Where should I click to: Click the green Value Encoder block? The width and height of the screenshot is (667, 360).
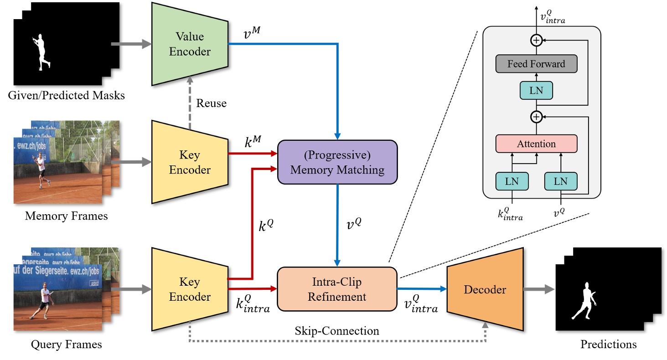pyautogui.click(x=190, y=44)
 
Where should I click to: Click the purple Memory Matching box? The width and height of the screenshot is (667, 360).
pyautogui.click(x=337, y=162)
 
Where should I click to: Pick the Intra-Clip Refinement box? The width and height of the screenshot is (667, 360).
pyautogui.click(x=337, y=289)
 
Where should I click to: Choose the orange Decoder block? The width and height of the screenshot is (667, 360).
pyautogui.click(x=485, y=289)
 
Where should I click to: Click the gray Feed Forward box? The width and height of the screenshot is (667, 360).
pyautogui.click(x=536, y=64)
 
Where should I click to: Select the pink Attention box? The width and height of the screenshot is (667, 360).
pyautogui.click(x=536, y=144)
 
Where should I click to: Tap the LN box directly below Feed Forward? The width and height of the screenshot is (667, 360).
pyautogui.click(x=536, y=90)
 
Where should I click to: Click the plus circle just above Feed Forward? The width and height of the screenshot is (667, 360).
pyautogui.click(x=536, y=41)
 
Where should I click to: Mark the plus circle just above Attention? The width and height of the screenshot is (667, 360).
pyautogui.click(x=536, y=117)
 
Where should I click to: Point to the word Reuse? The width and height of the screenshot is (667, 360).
pyautogui.click(x=211, y=103)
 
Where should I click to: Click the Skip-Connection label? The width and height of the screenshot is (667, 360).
pyautogui.click(x=336, y=331)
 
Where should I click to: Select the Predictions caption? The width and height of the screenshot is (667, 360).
pyautogui.click(x=608, y=345)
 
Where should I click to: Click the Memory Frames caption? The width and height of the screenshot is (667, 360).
pyautogui.click(x=67, y=216)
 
